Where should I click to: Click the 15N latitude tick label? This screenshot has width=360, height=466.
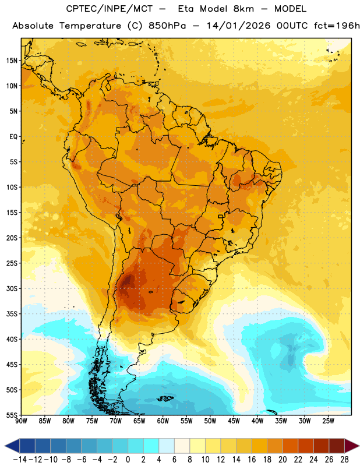click(x=12, y=61)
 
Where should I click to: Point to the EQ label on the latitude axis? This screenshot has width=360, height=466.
click(x=13, y=137)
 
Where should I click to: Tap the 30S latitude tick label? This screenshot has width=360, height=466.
click(x=12, y=288)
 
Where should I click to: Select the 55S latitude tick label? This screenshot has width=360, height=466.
click(x=12, y=415)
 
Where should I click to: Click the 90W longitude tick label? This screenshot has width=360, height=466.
click(x=21, y=421)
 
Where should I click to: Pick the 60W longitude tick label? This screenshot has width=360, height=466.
click(x=163, y=421)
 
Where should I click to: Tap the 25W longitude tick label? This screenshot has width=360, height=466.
click(x=328, y=421)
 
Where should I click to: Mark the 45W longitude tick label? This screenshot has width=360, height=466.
click(x=234, y=421)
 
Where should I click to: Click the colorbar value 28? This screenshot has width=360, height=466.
click(x=344, y=460)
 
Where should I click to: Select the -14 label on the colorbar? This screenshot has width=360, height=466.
click(x=20, y=460)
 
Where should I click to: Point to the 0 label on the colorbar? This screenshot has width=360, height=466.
click(x=128, y=460)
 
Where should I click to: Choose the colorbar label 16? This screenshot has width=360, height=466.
click(x=252, y=460)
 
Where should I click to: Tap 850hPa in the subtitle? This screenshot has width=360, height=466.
click(x=167, y=26)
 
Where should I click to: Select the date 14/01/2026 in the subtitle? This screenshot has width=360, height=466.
click(x=239, y=26)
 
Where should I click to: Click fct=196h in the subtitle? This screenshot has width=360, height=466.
click(x=337, y=26)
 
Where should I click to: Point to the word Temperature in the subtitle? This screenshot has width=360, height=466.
click(x=90, y=26)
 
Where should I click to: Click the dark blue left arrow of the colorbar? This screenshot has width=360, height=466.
click(x=12, y=446)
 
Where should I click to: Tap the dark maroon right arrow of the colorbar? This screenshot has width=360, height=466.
click(x=352, y=446)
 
